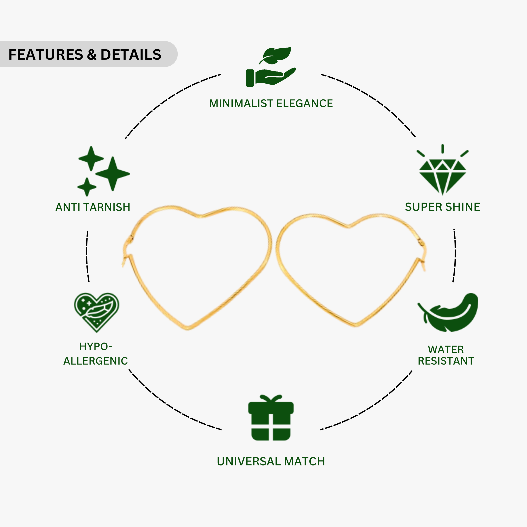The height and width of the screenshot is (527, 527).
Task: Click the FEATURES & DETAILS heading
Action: point(85,55)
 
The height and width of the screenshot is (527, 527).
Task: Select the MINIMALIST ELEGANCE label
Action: point(271,104)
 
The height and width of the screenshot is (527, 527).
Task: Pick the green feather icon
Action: point(448,312)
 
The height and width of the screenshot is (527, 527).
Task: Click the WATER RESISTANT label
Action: point(446,355)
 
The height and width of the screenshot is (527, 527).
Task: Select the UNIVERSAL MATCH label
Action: point(271,462)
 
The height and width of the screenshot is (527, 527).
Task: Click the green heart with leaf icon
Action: point(97,312)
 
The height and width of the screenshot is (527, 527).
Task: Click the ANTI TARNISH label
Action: point(93,207)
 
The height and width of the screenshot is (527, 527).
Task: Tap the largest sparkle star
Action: point(113,174)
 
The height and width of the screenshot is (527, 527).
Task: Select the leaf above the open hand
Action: point(275,55)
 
